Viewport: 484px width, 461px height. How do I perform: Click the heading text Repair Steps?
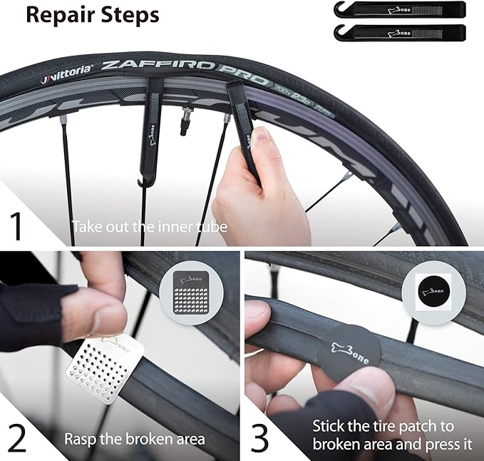click(x=93, y=15)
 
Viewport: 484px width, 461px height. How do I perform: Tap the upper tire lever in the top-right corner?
click(x=398, y=9)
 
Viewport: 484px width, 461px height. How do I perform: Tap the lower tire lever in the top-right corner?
click(x=398, y=32)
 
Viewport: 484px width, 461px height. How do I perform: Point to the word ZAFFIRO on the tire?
click(x=158, y=66)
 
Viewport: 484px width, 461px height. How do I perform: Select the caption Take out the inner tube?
click(x=149, y=227)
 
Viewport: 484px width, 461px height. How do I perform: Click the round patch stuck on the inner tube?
click(x=349, y=345)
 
